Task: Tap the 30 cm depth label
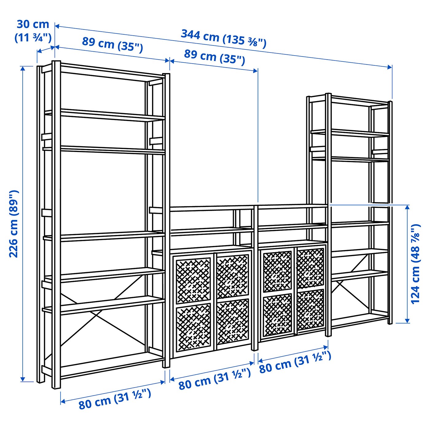pyautogui.click(x=33, y=31)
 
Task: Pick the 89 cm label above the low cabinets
pyautogui.click(x=214, y=57)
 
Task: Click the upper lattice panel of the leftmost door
pyautogui.click(x=193, y=280)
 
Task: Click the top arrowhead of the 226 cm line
pyautogui.click(x=22, y=68)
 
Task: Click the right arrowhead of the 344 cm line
pyautogui.click(x=390, y=67)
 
